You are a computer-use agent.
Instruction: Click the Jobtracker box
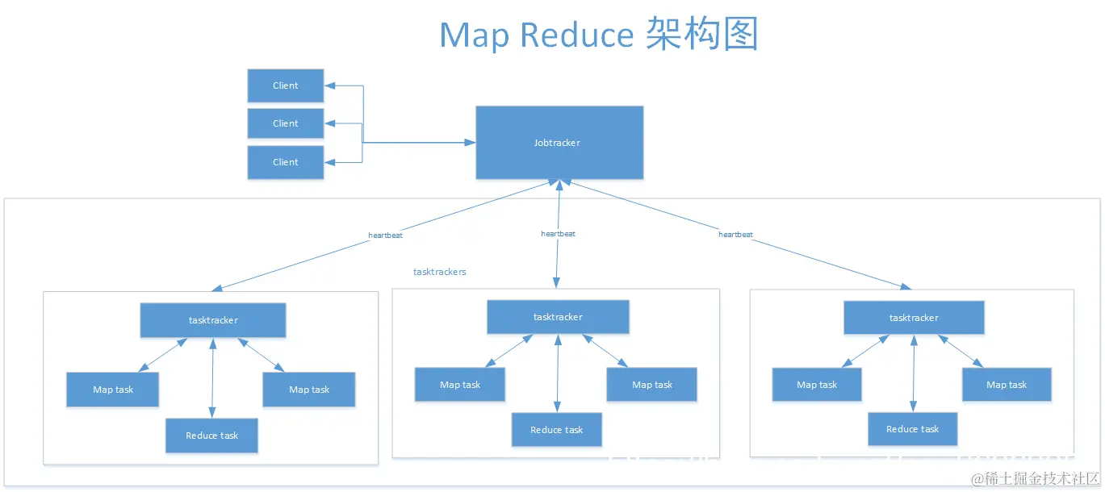(x=559, y=143)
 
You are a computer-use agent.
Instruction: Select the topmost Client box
(x=286, y=85)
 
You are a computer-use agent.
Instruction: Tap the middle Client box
(x=286, y=123)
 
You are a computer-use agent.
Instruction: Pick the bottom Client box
(x=286, y=162)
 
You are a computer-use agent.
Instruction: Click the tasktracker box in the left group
(x=213, y=320)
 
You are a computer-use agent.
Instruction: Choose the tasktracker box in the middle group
(x=558, y=317)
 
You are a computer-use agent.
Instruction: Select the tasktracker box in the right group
(x=914, y=318)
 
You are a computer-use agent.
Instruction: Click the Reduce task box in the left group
(x=212, y=436)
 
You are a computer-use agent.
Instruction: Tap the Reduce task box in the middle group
(x=557, y=430)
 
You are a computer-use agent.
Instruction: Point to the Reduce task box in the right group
(x=913, y=429)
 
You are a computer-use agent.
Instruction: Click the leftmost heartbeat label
(x=385, y=236)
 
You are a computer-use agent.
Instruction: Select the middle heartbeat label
(x=558, y=234)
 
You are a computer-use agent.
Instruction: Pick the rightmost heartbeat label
(x=735, y=235)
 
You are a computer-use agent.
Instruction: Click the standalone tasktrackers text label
(x=440, y=272)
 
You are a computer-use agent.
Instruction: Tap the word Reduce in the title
(x=577, y=35)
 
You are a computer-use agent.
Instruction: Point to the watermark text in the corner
(x=1035, y=479)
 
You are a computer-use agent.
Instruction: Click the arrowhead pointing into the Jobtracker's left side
(x=470, y=143)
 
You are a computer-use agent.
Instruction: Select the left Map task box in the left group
(x=113, y=390)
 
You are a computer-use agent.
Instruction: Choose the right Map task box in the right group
(x=1007, y=385)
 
